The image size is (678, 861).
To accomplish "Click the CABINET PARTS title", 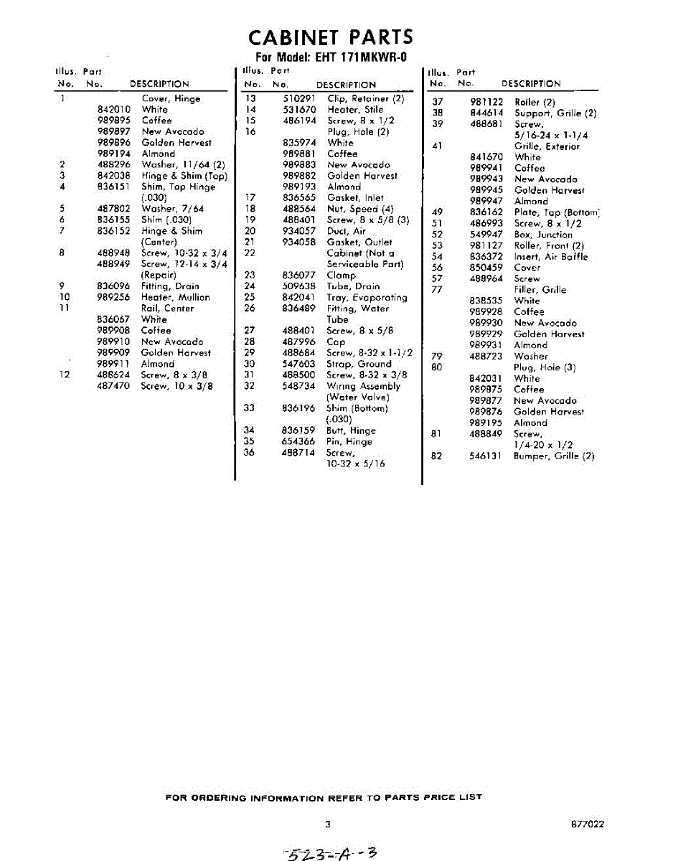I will (x=331, y=37).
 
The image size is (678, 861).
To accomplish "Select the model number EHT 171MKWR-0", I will (x=357, y=58).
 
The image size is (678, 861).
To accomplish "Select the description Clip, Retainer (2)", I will (x=366, y=99).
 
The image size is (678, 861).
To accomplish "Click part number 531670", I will (x=299, y=110).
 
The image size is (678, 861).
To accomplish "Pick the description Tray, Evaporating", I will (x=367, y=298).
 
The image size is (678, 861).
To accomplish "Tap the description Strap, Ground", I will (x=359, y=364).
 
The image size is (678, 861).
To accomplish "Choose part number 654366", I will (x=299, y=441).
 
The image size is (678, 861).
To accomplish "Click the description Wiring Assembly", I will (x=363, y=386).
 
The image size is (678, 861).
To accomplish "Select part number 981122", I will (x=486, y=102).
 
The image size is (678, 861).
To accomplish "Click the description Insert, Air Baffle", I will (x=550, y=257).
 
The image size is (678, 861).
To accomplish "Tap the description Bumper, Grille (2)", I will (x=554, y=456).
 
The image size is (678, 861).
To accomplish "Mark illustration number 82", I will (x=436, y=456).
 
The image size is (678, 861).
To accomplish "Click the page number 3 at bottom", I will (x=327, y=824).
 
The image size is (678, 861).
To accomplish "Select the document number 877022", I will (x=588, y=824).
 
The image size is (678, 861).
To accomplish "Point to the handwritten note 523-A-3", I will (x=331, y=853).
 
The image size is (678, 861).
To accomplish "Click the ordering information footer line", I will (x=324, y=797).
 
